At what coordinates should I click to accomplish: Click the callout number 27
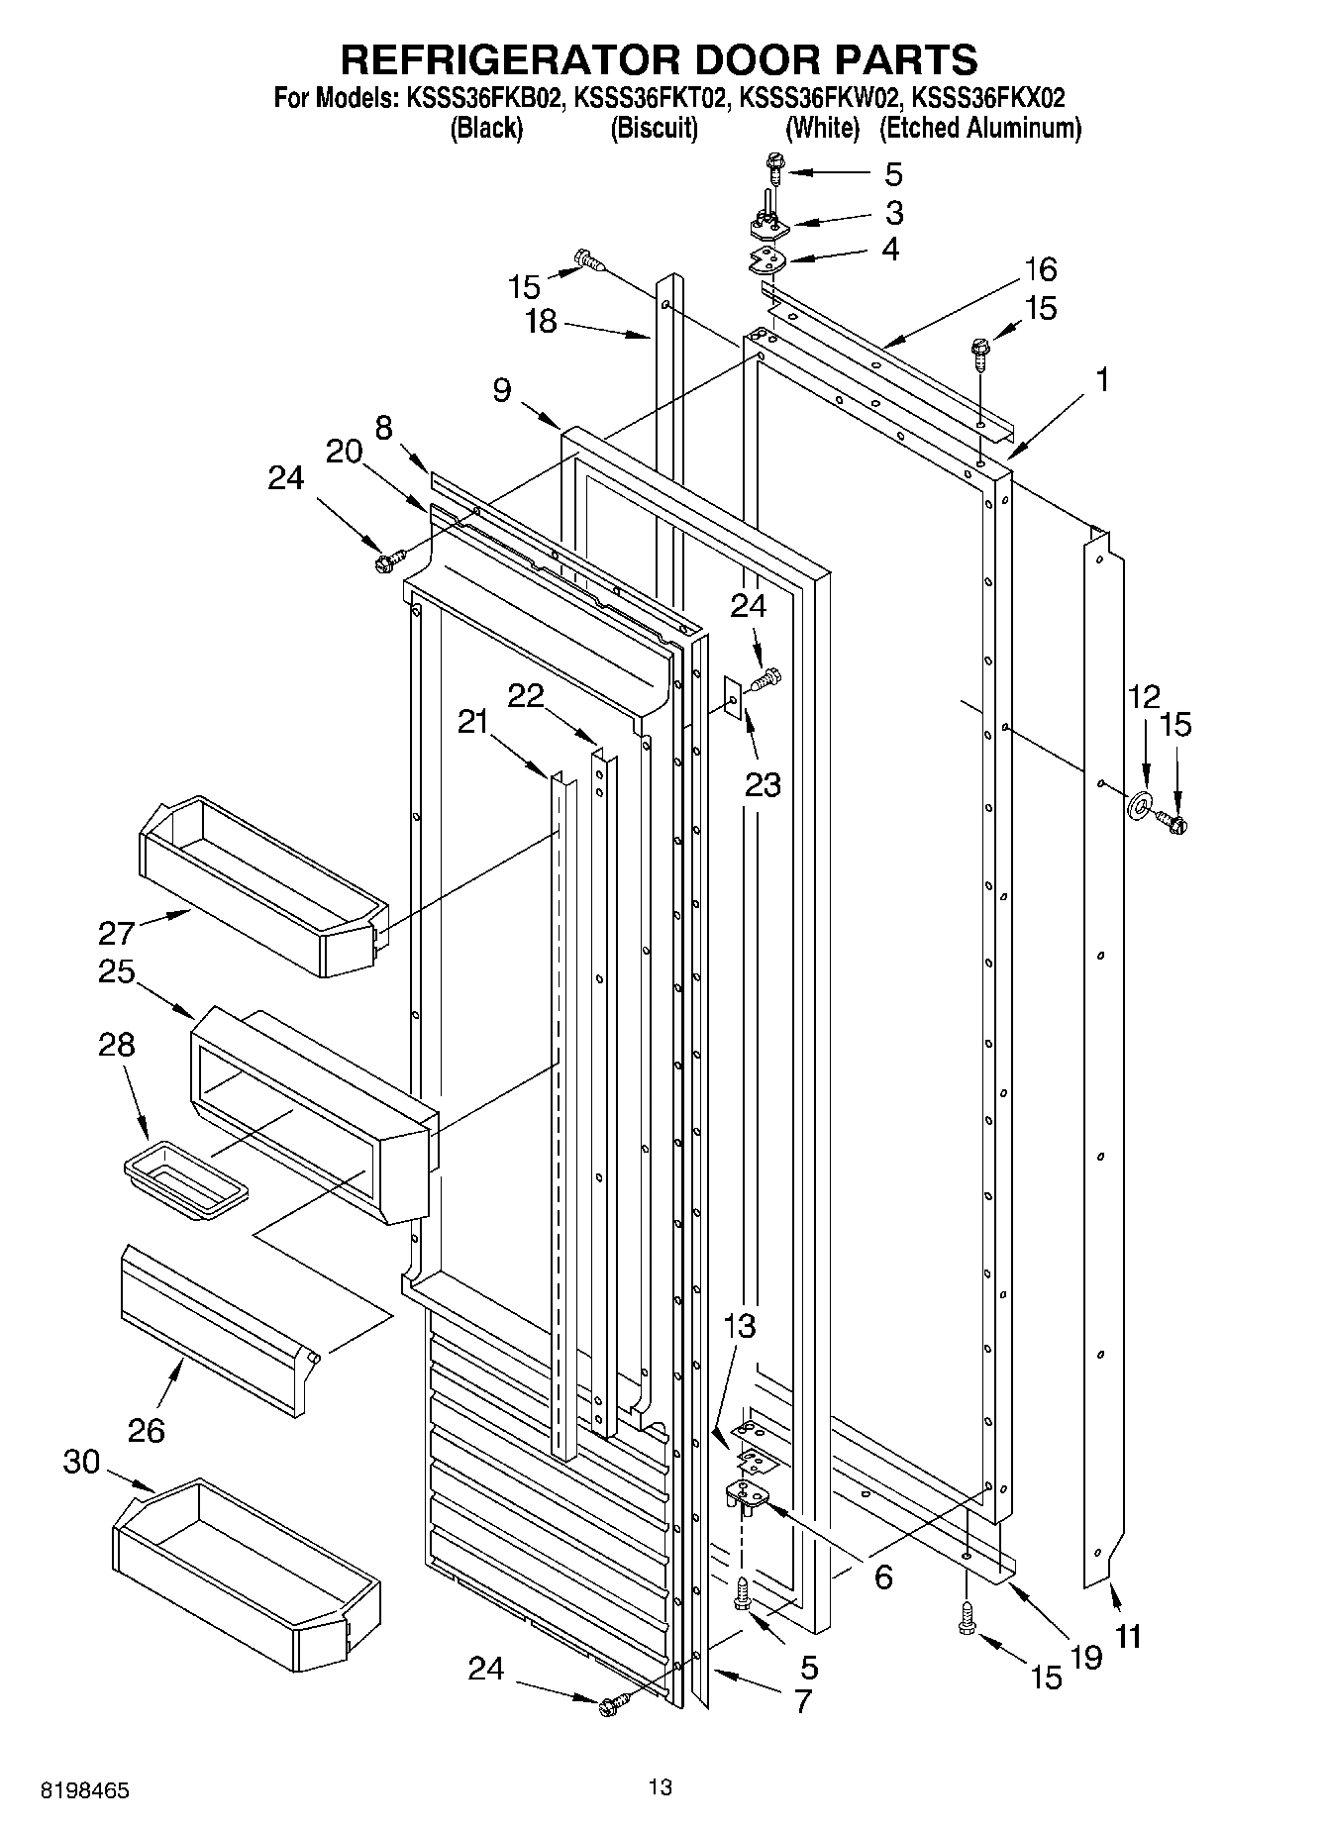(x=115, y=933)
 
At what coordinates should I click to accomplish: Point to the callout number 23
(x=763, y=784)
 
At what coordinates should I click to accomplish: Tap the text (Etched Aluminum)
(x=979, y=128)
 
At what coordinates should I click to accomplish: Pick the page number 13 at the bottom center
(x=661, y=1786)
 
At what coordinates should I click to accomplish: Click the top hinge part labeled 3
(x=769, y=227)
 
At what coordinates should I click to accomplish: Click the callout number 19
(x=1086, y=1657)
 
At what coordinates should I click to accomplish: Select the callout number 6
(x=882, y=1576)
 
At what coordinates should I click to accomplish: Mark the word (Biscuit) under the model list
(x=654, y=128)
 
